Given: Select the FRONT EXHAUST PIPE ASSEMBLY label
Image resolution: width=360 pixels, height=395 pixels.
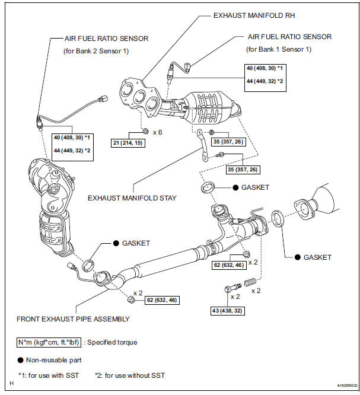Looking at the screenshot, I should pos(73,318).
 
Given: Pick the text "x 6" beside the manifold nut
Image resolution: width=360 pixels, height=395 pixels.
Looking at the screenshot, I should pos(157,132).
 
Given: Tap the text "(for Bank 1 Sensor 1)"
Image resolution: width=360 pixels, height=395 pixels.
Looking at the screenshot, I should pos(278,49).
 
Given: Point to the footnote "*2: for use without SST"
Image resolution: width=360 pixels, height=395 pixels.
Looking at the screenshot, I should pos(130,375).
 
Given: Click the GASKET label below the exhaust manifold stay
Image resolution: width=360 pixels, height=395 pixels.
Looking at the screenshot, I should pos(254,187).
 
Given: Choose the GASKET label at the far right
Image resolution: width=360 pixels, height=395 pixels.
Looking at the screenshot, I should pos(317,257).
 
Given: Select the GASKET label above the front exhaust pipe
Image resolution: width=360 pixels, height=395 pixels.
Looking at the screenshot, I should pos(135,243).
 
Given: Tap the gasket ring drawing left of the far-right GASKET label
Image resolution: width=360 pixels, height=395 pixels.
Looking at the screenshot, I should pos(277,218).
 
